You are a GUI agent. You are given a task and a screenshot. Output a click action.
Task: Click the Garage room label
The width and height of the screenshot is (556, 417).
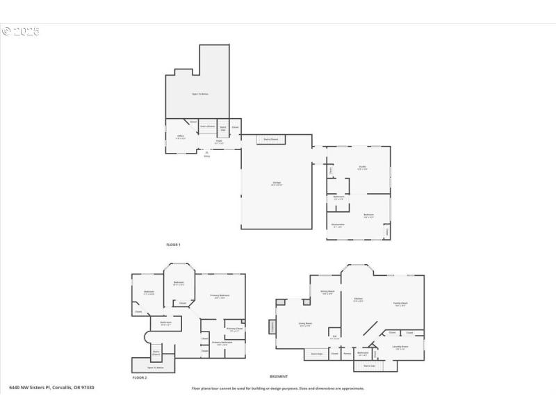[x=277, y=183]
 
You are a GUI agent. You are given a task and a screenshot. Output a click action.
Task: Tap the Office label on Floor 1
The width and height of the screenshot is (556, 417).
[x=180, y=136]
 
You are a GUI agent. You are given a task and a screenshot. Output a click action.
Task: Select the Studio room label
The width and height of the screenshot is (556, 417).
[x=362, y=167]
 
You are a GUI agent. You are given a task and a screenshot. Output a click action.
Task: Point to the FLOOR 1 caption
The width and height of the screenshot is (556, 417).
[x=173, y=245]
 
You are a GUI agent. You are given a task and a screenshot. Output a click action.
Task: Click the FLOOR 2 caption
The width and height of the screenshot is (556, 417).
[x=140, y=377]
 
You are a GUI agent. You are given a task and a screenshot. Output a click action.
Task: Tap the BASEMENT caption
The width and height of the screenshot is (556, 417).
[x=279, y=376]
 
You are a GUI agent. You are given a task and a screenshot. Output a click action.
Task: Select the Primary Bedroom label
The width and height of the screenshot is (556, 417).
[x=220, y=296]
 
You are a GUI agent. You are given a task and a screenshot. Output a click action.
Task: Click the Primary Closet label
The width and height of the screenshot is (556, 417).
[x=234, y=329]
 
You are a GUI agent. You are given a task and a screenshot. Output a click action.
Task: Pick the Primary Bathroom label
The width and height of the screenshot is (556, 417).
[x=222, y=343]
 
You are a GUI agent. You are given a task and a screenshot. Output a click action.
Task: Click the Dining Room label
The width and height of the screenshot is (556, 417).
[x=327, y=292]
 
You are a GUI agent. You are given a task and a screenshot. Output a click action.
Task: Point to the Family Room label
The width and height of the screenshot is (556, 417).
[x=400, y=304]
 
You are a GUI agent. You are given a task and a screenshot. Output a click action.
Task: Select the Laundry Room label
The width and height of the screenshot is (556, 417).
[x=400, y=346]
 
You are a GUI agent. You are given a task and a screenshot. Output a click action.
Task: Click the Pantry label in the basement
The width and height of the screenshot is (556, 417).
[x=347, y=354]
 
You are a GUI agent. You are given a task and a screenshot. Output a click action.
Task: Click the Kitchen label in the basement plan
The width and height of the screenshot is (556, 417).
[x=359, y=300]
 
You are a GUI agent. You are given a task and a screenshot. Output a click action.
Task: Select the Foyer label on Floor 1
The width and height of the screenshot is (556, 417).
[x=219, y=142]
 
